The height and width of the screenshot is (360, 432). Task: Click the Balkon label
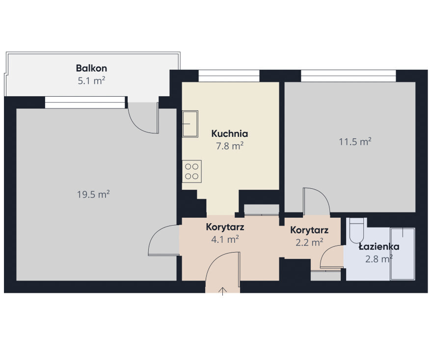click(91, 68)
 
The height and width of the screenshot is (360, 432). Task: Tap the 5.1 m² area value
click(91, 80)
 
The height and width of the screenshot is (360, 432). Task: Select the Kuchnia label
click(230, 133)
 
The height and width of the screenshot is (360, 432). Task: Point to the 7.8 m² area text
click(230, 146)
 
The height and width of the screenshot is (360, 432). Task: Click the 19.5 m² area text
click(93, 194)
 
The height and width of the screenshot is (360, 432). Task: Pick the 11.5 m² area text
click(355, 141)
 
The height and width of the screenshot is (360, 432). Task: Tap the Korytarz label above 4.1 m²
click(225, 227)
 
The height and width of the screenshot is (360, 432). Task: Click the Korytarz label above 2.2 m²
click(309, 230)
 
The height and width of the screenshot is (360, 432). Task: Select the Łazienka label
click(379, 247)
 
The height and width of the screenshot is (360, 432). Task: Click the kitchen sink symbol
click(190, 124)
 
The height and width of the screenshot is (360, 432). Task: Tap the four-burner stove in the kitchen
click(192, 171)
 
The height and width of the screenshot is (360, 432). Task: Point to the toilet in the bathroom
click(356, 230)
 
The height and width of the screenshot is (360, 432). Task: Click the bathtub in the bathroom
click(403, 254)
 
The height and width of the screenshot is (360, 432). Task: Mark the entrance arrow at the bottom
click(222, 291)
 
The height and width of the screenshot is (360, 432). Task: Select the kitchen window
click(229, 76)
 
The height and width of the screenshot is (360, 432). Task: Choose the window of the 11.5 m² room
click(348, 76)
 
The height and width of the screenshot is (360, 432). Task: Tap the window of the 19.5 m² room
click(85, 102)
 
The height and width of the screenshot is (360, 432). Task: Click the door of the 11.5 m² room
click(316, 201)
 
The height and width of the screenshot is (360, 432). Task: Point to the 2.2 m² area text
click(309, 242)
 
